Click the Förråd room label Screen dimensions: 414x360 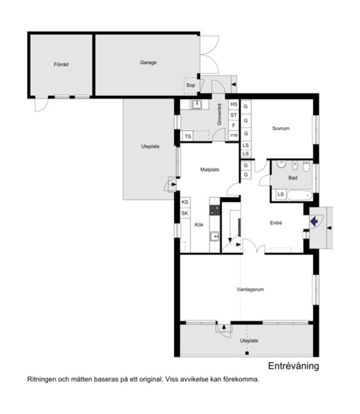pos(61,65)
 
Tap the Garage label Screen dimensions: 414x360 pos(148,62)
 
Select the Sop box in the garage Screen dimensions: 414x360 pos(191,85)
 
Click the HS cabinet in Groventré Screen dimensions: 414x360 pos(234,105)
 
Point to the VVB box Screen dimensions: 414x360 pos(234,135)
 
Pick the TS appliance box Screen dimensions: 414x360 pos(188,137)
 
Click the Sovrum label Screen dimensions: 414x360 pos(281,129)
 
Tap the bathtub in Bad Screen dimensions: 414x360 pos(299,195)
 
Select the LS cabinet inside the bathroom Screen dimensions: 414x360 pos(280,194)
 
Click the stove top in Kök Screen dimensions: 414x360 pos(215,210)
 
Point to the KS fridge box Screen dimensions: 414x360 pos(185,202)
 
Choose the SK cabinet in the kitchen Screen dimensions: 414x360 pos(185,213)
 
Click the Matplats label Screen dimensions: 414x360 pos(209,169)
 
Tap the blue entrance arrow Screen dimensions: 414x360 pos(313,221)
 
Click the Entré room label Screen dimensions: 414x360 pos(276,223)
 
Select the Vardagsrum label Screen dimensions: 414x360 pos(250,289)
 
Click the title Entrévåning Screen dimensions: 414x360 pos(293,366)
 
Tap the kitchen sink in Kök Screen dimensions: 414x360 pos(215,236)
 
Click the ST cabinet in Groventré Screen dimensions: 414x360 pos(234,115)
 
